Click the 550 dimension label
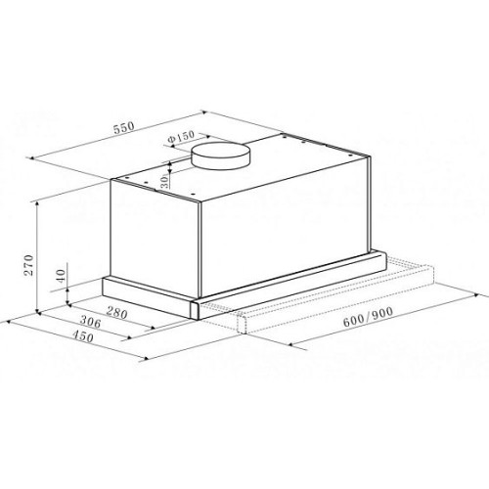click(x=124, y=128)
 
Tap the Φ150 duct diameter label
click(x=181, y=136)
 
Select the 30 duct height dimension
click(x=165, y=182)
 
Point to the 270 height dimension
click(x=29, y=265)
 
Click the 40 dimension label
click(x=61, y=276)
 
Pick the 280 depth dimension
click(x=116, y=313)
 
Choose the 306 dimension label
click(x=91, y=322)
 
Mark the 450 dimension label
click(x=83, y=335)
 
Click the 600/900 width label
click(x=368, y=317)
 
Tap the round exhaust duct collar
click(x=221, y=156)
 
